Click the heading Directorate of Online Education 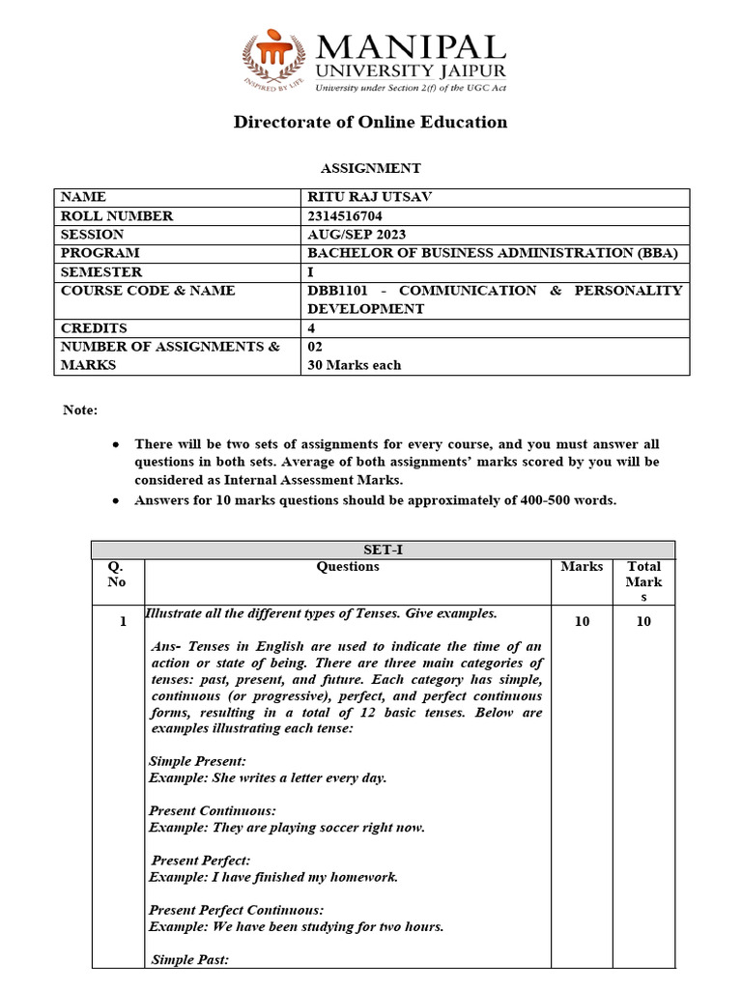click(x=370, y=122)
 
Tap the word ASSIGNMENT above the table click(x=370, y=168)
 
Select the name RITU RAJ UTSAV click(x=369, y=197)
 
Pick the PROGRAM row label click(x=94, y=253)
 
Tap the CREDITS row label click(x=90, y=328)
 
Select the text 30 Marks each click(x=354, y=365)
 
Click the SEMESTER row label click(x=101, y=272)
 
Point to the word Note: click(x=80, y=410)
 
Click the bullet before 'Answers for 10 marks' click(x=116, y=501)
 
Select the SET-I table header click(x=383, y=550)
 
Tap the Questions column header click(x=348, y=567)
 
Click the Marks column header click(x=582, y=567)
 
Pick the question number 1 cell click(x=123, y=622)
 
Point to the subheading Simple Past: click(x=190, y=959)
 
